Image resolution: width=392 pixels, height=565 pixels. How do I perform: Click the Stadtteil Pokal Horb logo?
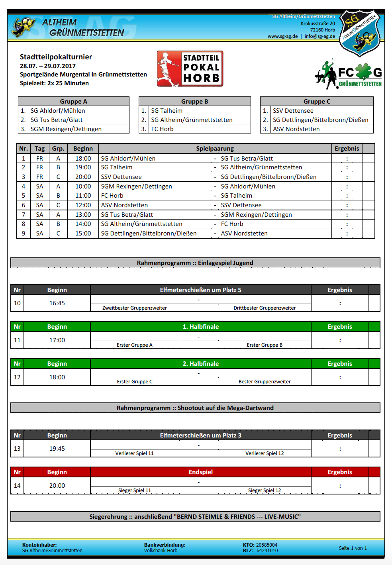coord(190,69)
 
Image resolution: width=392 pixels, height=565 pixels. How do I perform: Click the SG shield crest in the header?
coord(359,33)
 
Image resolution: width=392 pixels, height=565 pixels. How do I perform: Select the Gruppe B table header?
coord(194,101)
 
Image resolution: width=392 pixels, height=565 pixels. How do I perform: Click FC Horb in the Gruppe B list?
coord(162,129)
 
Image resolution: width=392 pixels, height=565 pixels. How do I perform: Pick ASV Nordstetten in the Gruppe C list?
coord(296,129)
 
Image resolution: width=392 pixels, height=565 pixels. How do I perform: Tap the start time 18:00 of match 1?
coord(83,159)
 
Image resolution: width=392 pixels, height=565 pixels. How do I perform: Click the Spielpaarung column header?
coord(215,149)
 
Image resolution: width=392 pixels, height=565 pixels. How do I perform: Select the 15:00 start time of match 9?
coord(83,233)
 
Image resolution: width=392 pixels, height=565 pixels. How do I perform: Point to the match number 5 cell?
coord(24,196)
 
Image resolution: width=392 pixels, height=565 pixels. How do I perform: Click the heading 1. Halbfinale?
coord(200,327)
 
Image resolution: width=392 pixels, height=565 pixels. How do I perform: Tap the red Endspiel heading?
coord(200,472)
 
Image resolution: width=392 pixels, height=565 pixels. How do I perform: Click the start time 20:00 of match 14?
coord(57,486)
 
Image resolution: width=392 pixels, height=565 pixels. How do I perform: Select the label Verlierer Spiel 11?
coord(134,453)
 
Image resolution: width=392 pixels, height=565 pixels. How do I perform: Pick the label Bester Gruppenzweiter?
coord(265,382)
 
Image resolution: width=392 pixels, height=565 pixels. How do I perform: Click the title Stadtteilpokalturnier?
coord(56,57)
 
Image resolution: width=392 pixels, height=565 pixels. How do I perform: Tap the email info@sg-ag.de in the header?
coord(319,36)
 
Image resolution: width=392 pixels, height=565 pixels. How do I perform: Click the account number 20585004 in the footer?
coord(267,545)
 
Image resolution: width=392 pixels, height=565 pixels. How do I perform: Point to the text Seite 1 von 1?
coord(353,548)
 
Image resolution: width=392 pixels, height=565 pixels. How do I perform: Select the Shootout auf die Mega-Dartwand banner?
coord(195,408)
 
